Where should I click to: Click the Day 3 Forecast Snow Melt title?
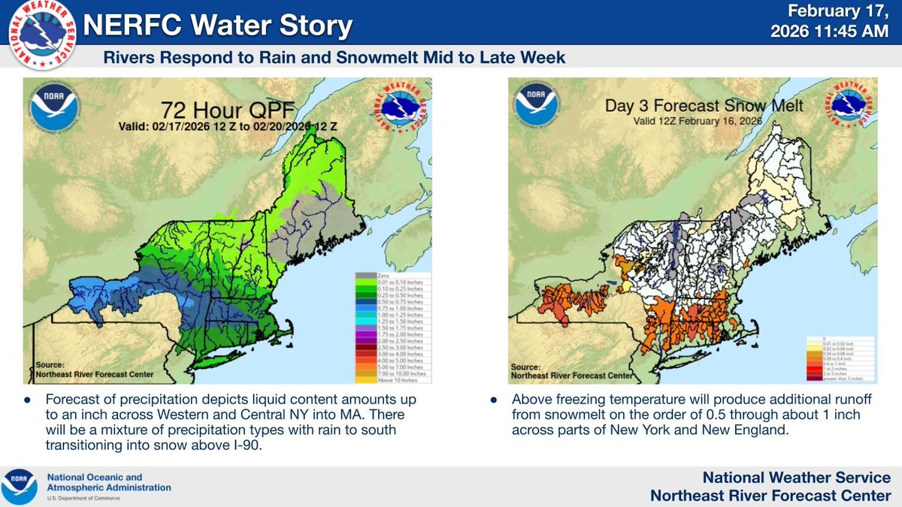click(684, 106)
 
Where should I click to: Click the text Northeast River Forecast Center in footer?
click(770, 494)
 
